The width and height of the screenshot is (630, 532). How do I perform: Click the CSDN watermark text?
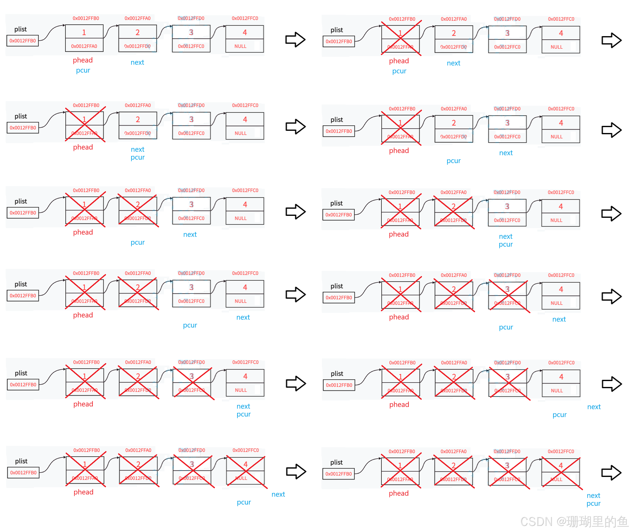coord(573,521)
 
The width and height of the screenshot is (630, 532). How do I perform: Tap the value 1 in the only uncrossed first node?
coord(84,32)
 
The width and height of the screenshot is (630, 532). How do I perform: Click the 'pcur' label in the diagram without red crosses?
coord(83,71)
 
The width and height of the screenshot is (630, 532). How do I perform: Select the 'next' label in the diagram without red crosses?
coord(137,62)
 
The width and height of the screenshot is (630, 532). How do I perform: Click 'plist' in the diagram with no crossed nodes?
coord(20,29)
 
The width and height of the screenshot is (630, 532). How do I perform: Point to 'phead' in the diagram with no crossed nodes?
coord(83,60)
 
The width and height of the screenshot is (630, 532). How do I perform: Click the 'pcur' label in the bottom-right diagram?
coord(593,504)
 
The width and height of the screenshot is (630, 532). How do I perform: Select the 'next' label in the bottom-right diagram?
coord(593,496)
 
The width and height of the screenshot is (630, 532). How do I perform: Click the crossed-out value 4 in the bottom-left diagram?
coord(245,464)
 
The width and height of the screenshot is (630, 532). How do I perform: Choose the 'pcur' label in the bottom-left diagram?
coord(244,502)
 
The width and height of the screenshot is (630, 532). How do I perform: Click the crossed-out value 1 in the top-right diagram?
coord(400,33)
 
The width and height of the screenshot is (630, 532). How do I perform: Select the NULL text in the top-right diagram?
coord(556,47)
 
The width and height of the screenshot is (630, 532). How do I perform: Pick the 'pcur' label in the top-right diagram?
coord(399,72)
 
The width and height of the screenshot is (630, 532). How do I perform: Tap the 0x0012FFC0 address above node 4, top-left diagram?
coord(245,18)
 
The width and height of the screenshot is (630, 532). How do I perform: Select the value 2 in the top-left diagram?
coord(137,32)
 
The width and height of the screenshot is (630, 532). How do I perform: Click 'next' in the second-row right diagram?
coord(506,153)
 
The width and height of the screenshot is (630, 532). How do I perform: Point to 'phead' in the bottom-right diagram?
coord(398,493)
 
